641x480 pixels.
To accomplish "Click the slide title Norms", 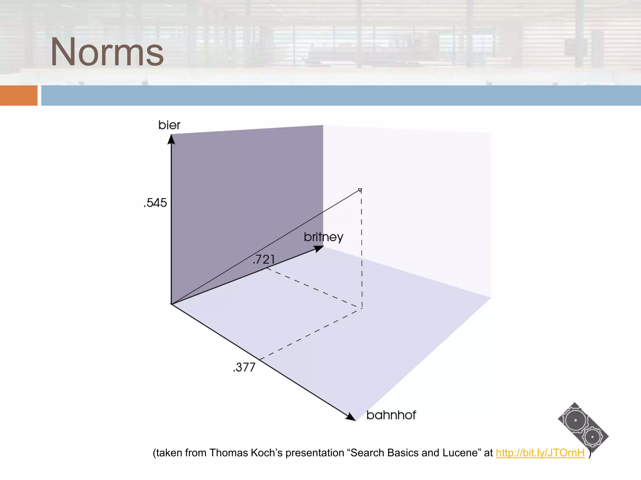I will coord(107,52).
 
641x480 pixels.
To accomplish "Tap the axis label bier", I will coord(169,125).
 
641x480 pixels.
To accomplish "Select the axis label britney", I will coord(323,237).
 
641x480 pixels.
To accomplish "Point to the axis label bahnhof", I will coord(391,415).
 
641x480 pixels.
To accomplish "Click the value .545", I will coord(155,203).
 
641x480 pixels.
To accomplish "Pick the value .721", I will coord(264,259).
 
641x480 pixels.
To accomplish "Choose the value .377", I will coord(244,367).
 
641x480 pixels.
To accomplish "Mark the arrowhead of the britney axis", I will coord(319,249).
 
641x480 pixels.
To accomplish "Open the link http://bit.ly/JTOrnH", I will coord(540,453).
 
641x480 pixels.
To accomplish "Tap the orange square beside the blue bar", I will coord(18,95).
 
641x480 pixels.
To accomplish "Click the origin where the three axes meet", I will coord(171,304).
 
